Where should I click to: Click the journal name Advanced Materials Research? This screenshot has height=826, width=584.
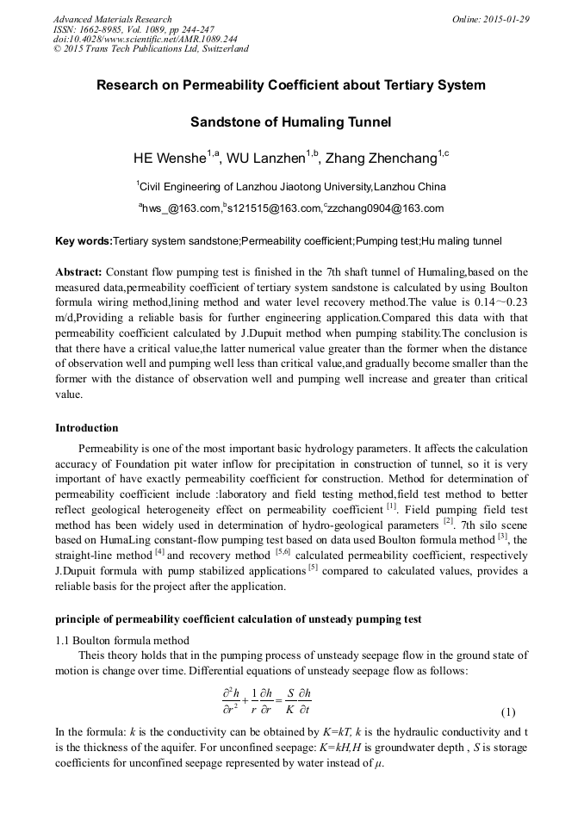pos(112,19)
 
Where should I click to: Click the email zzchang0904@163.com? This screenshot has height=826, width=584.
pos(386,208)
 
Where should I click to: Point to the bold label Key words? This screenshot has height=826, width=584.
pos(84,241)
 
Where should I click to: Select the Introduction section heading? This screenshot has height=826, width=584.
pos(87,428)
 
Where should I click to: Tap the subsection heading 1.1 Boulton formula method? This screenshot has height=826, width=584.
pos(122,640)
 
